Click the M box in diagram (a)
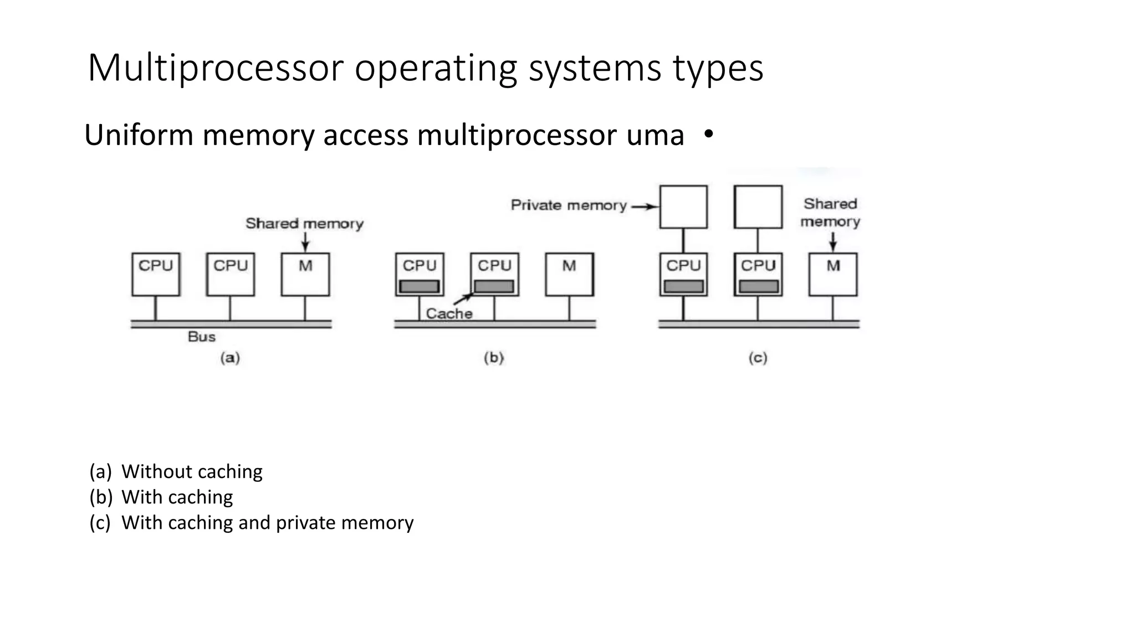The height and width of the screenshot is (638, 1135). [x=305, y=275]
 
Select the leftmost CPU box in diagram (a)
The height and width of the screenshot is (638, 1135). [x=156, y=275]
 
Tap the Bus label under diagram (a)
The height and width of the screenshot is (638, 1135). [x=202, y=337]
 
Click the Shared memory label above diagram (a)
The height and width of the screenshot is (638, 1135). [x=304, y=224]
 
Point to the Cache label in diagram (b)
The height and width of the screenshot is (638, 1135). [x=449, y=313]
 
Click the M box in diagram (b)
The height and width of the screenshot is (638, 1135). [x=569, y=275]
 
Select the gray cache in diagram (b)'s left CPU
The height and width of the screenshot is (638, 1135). [x=420, y=286]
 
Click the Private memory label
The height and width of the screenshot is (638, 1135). [x=568, y=205]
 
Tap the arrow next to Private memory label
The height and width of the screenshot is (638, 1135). [x=645, y=207]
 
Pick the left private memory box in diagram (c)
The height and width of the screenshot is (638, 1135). [x=683, y=207]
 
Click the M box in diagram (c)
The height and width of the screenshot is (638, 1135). [x=833, y=275]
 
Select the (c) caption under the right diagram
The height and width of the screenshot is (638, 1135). [x=758, y=358]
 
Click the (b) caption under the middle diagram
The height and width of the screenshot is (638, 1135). [x=494, y=358]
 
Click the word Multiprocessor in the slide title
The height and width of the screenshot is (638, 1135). [x=216, y=69]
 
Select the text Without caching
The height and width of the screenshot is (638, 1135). [x=192, y=471]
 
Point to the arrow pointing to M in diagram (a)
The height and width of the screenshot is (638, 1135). [x=305, y=242]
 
